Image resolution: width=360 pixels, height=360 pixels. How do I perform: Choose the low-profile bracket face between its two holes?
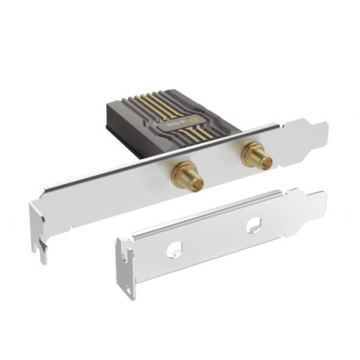point(216,237)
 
